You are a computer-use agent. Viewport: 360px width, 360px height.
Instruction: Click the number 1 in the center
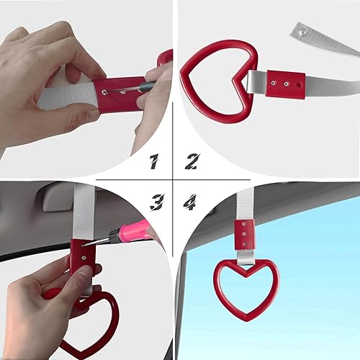point(153,163)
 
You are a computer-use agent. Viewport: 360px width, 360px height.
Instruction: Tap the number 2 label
point(192,161)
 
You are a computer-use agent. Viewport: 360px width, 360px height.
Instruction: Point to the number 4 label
point(189,204)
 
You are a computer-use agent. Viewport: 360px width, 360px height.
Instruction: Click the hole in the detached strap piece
point(299,32)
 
